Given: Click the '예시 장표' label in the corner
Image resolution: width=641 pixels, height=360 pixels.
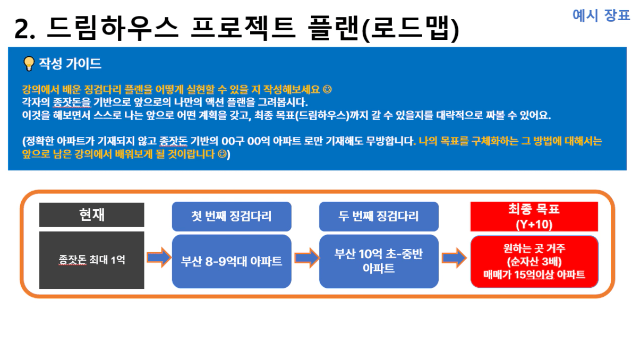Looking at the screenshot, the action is (601, 15).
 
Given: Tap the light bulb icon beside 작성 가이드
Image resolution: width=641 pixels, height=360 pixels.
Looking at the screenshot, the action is (29, 64).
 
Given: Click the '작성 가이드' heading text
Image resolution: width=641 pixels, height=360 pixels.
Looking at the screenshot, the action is (70, 63).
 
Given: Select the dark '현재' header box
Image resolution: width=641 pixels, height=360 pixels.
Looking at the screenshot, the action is (91, 215).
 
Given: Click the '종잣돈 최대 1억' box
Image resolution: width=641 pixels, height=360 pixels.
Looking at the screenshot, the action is (91, 260).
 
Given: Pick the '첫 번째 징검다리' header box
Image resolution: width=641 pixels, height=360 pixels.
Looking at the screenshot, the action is (232, 216).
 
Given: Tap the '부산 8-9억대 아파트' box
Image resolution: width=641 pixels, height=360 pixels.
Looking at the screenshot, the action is (232, 261).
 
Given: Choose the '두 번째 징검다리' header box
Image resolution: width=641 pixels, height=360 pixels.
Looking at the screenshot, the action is (379, 216).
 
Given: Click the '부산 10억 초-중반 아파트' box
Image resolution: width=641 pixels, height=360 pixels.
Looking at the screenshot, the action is (379, 261).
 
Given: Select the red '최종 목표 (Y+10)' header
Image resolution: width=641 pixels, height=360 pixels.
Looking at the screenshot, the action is (534, 216).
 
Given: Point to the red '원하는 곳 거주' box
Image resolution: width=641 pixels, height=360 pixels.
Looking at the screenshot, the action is (534, 262).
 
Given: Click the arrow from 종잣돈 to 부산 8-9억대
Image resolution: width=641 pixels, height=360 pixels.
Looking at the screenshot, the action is (159, 258).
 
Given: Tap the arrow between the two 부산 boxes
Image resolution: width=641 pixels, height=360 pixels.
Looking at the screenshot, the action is (307, 258).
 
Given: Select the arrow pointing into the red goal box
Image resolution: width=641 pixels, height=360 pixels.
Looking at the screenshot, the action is (455, 258).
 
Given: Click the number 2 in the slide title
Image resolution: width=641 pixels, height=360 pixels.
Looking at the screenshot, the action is (21, 29).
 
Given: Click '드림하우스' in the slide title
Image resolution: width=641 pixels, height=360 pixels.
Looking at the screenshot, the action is (113, 28).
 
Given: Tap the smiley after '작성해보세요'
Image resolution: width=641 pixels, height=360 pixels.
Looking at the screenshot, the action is (327, 89).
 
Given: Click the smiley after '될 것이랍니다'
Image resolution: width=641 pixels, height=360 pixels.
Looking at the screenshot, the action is (222, 154).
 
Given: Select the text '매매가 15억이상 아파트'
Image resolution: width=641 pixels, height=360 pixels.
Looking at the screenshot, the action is (534, 275).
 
